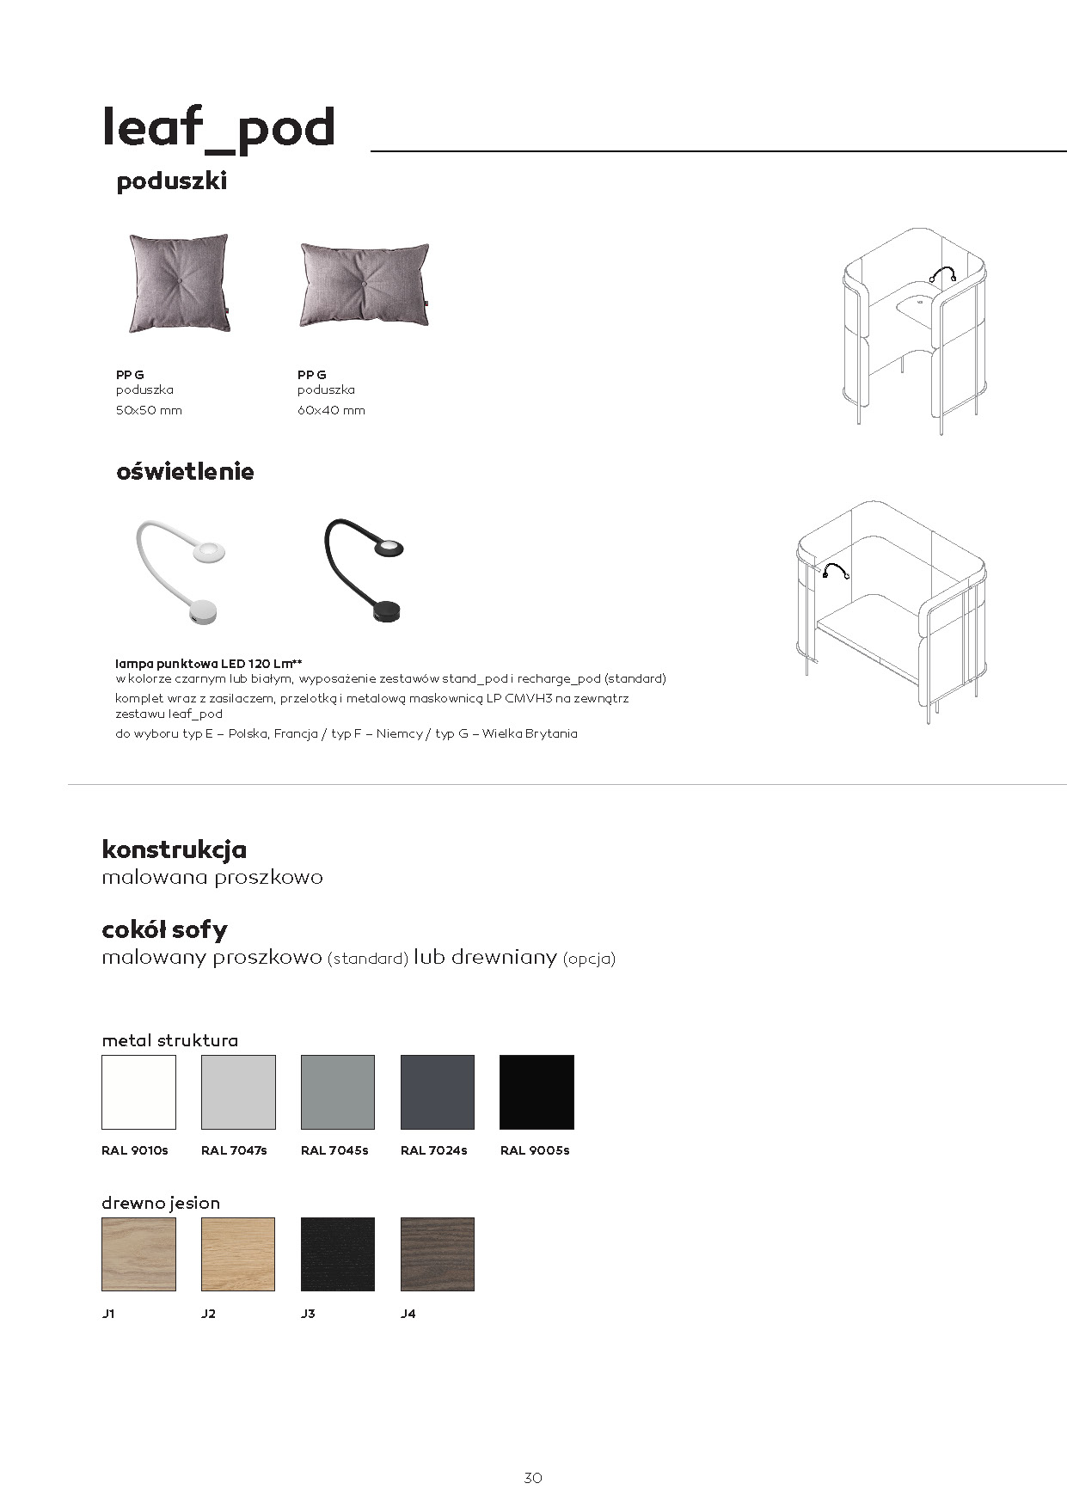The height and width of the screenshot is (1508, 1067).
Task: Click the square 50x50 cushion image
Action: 179,283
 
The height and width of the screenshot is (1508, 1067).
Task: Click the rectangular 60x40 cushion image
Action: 364,284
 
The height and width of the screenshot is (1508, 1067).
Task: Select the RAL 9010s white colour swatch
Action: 138,1092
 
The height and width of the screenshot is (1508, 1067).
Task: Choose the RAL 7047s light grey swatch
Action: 238,1092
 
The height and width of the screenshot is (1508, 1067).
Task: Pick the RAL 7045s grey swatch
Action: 338,1092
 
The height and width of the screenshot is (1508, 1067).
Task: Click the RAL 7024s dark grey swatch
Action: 438,1092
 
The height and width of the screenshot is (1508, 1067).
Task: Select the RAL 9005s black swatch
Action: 537,1092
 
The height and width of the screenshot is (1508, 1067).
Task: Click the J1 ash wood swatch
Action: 138,1254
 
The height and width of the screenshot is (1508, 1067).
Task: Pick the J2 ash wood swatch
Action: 238,1254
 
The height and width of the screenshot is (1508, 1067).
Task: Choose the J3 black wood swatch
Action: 338,1254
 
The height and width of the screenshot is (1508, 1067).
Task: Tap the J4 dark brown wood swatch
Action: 438,1254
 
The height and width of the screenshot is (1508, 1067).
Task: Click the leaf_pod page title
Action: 218,128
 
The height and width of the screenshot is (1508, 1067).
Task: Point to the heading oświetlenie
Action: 185,471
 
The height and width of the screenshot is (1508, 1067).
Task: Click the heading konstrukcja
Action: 175,849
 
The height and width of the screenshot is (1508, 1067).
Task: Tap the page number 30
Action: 533,1478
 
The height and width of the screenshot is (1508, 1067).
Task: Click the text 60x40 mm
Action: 331,410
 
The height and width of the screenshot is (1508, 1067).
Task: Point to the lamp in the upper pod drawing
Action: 943,274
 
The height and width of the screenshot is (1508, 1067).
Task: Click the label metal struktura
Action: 169,1040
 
